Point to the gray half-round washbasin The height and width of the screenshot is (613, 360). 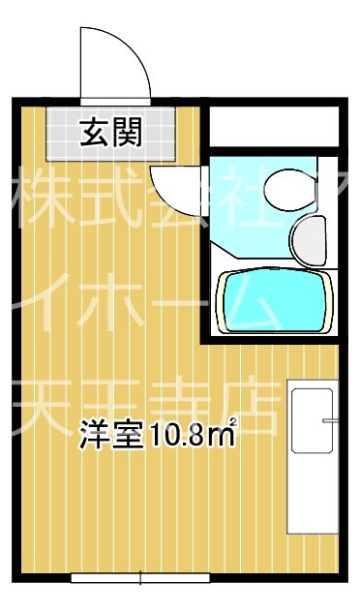[312, 238]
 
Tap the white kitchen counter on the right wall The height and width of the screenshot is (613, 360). [312, 461]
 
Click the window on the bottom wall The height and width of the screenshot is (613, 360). [140, 578]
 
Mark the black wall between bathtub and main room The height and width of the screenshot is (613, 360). [206, 291]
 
